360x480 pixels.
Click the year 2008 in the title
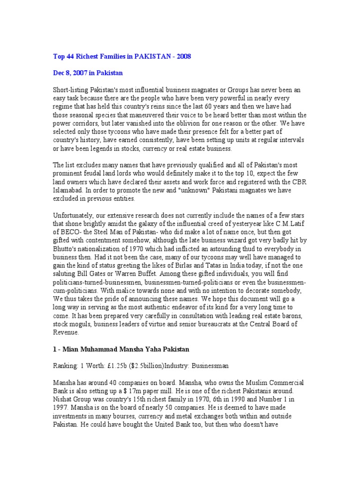(x=184, y=57)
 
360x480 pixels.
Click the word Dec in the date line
(x=58, y=74)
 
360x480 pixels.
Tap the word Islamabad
(x=67, y=190)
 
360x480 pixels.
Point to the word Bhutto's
(x=66, y=249)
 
